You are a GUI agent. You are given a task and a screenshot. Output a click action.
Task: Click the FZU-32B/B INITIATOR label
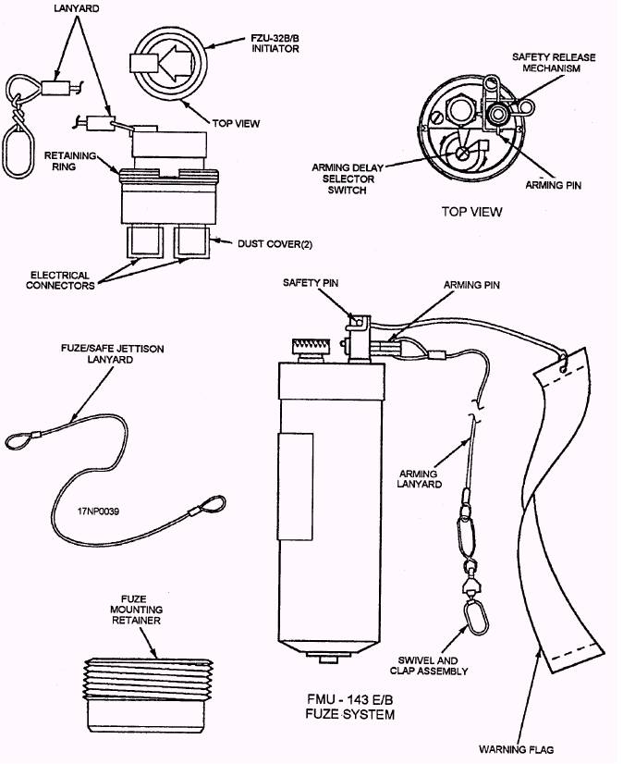(x=275, y=43)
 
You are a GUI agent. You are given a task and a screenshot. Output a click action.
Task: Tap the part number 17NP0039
(x=98, y=511)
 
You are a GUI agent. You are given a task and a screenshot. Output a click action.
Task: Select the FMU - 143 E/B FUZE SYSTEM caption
(x=350, y=707)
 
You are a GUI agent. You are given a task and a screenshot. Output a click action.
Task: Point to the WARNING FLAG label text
(x=517, y=749)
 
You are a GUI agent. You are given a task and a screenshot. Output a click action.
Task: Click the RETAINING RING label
(x=70, y=161)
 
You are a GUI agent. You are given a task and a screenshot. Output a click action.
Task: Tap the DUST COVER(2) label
(x=275, y=243)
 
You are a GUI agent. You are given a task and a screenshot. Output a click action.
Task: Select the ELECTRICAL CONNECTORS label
(x=60, y=280)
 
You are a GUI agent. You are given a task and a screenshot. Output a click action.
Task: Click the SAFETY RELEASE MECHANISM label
(x=554, y=63)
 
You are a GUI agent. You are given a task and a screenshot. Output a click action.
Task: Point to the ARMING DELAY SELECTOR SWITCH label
(x=348, y=179)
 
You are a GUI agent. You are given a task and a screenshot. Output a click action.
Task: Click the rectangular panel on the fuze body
(x=295, y=487)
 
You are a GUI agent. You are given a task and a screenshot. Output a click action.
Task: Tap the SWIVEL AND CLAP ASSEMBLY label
(x=429, y=666)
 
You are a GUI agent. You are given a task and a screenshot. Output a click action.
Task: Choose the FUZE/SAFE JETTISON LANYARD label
(x=112, y=354)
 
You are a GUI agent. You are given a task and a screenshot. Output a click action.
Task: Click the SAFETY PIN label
(x=311, y=283)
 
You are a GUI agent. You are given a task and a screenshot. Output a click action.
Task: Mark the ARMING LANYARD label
(x=420, y=479)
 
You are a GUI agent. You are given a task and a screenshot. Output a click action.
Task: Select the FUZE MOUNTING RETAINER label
(x=135, y=610)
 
